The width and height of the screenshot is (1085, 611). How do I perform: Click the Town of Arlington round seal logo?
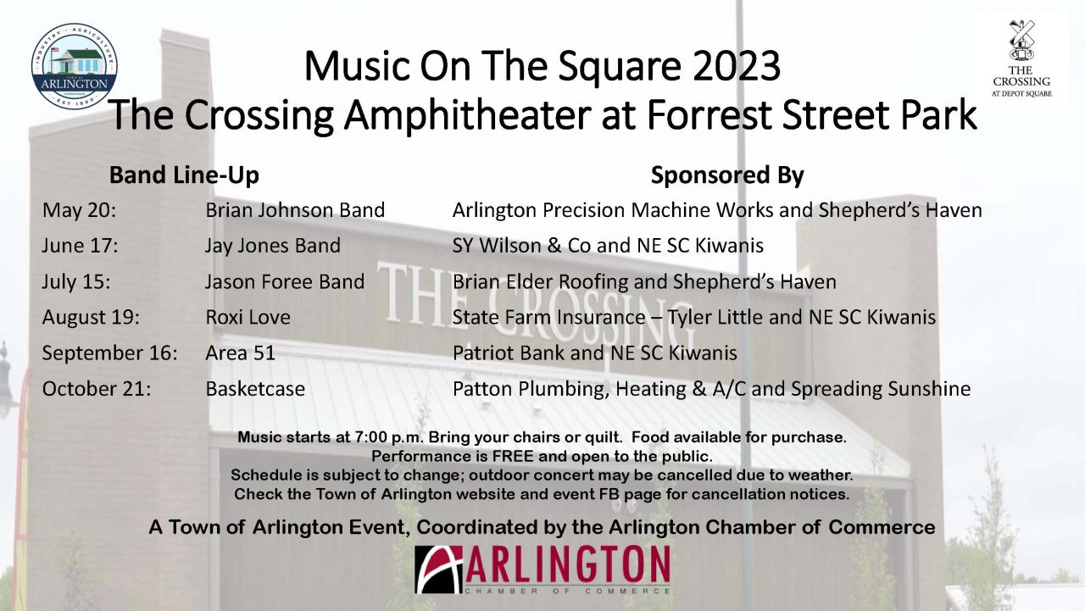[74, 65]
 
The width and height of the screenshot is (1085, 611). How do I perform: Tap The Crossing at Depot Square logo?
[1021, 58]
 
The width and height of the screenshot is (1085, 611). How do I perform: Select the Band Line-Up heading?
[184, 175]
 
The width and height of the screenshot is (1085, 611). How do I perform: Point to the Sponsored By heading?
[727, 175]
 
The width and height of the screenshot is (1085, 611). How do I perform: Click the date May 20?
[79, 211]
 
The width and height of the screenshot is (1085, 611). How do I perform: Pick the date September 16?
[109, 353]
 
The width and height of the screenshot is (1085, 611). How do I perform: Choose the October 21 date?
[97, 389]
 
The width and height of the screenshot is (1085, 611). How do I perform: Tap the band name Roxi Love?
[248, 318]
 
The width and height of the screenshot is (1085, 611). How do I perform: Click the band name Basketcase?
[255, 389]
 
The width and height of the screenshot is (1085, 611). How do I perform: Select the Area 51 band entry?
[240, 353]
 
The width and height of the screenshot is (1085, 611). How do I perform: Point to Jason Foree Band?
[284, 282]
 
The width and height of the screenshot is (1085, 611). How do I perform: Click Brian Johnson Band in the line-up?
[295, 211]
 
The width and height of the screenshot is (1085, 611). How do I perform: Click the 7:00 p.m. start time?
[389, 437]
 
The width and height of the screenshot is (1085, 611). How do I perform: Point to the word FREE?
[513, 456]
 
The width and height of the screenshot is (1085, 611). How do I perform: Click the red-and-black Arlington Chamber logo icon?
[439, 569]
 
